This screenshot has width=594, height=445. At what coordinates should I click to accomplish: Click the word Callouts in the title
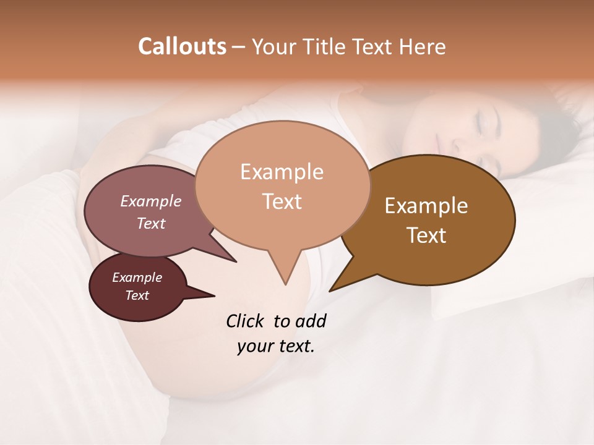click(x=182, y=46)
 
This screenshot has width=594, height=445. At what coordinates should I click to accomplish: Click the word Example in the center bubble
click(x=282, y=172)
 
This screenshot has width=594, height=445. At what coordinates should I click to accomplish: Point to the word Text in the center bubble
click(x=282, y=201)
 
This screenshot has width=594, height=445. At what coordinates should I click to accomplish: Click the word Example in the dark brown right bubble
click(x=426, y=206)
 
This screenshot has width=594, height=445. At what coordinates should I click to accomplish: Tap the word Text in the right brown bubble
click(x=426, y=235)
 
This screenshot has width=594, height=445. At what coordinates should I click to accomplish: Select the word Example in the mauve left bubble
click(x=150, y=201)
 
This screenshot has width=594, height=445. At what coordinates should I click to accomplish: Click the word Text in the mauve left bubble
click(x=150, y=223)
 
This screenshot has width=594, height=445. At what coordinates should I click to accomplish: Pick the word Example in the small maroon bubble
click(x=137, y=278)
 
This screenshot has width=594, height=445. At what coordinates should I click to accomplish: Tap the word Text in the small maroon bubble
click(x=137, y=295)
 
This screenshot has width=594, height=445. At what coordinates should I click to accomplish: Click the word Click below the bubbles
click(x=246, y=321)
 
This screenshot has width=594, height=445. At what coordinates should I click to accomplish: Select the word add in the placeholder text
click(x=311, y=321)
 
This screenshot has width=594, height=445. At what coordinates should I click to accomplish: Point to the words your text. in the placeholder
click(x=275, y=346)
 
